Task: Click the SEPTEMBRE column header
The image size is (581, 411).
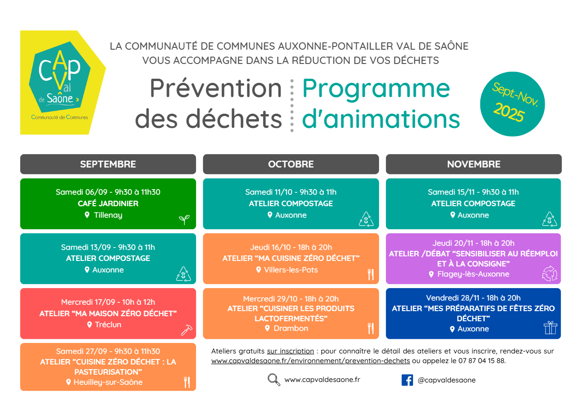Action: tap(108, 164)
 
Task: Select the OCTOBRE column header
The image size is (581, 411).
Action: tap(291, 164)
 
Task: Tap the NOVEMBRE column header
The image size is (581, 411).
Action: tap(474, 164)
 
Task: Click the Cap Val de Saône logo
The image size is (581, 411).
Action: tap(63, 82)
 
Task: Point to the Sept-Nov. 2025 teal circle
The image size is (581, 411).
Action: tap(512, 104)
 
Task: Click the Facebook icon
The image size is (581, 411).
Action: tap(407, 380)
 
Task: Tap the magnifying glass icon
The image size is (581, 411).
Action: tap(274, 380)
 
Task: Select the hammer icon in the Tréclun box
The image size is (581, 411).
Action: tap(187, 330)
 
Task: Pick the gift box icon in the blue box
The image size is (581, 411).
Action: tap(550, 328)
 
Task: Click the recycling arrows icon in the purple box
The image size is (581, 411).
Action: tap(550, 273)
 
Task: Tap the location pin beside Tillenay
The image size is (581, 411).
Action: tap(87, 215)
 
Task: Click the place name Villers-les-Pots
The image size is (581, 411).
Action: tap(291, 270)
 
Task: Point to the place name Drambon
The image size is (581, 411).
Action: tap(291, 328)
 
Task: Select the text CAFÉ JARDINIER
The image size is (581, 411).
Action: tap(108, 203)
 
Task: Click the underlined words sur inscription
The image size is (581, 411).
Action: tap(291, 351)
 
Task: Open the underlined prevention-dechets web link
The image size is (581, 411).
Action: tap(311, 361)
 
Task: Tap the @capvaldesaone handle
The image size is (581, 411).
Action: tap(446, 380)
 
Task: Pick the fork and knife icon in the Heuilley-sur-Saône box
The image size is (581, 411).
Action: tap(187, 382)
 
